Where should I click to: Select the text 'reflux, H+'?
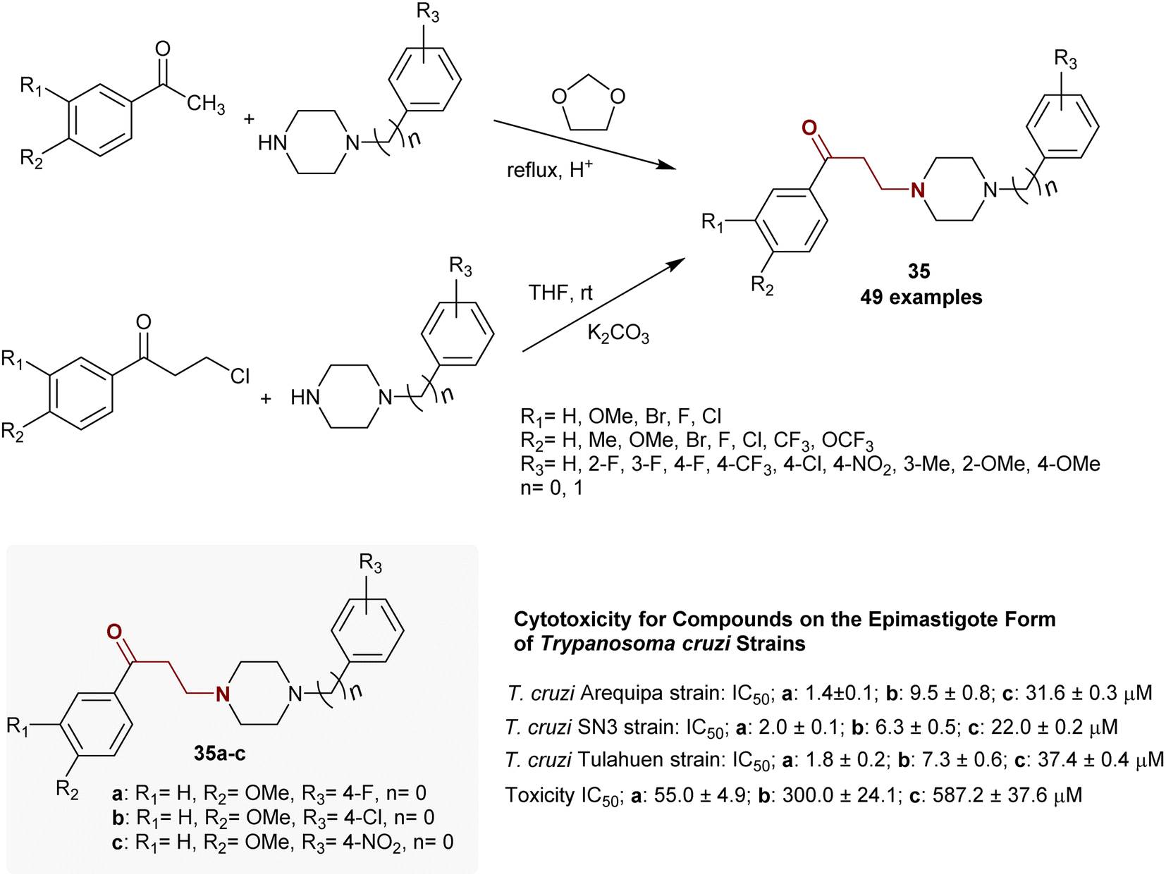point(549,169)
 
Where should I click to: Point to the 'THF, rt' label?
point(560,292)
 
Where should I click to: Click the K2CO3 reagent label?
point(618,333)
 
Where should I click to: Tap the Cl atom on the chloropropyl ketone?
point(240,376)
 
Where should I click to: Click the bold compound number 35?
point(919,271)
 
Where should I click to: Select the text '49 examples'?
point(921,297)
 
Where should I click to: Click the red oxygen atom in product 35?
point(809,128)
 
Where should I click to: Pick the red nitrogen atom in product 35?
point(918,190)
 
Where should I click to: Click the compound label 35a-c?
point(219,754)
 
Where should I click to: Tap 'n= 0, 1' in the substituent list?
point(551,487)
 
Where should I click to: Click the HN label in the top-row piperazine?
point(273,143)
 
